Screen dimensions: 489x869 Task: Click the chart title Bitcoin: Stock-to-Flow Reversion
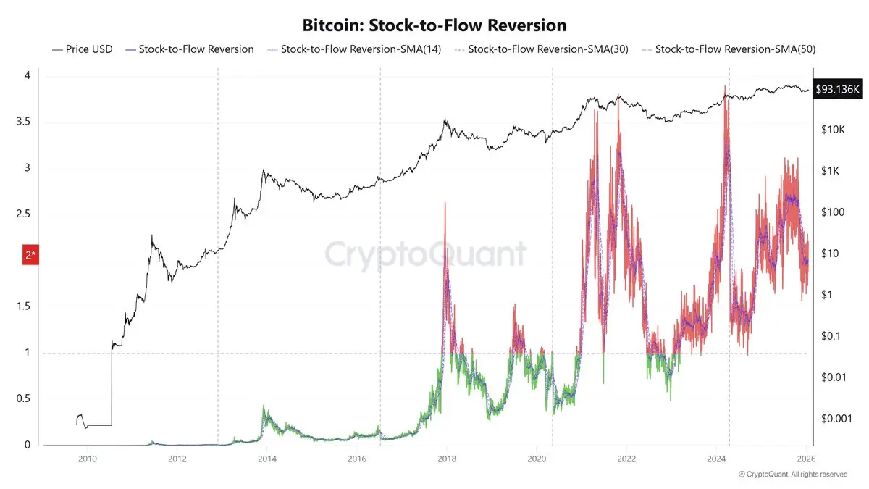(x=434, y=25)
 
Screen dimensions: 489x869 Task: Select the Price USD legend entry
(x=82, y=49)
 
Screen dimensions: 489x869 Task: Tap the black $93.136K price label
(x=839, y=89)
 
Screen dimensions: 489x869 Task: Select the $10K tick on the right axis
(x=834, y=130)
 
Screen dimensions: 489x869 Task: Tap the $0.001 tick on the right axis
(x=834, y=419)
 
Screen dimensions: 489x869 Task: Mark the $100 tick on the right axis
(x=834, y=212)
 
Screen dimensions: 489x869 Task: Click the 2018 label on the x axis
(x=447, y=459)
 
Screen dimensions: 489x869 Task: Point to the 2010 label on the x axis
(x=87, y=459)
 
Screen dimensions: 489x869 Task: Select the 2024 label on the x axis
(x=717, y=459)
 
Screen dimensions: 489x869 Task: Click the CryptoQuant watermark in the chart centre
(x=425, y=254)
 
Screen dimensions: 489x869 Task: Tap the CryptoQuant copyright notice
(x=792, y=475)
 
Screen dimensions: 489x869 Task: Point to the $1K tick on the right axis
(x=831, y=171)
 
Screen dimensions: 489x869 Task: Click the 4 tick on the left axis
(x=27, y=75)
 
